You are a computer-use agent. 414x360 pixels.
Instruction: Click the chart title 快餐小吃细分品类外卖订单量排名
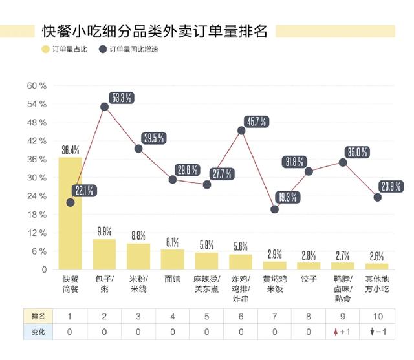coord(154,32)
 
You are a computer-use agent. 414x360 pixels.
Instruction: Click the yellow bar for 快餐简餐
coord(70,213)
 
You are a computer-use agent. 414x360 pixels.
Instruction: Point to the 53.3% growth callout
coord(122,98)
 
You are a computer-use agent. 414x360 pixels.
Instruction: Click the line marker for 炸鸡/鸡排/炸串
coord(241,131)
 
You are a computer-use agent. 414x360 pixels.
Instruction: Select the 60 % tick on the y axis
coord(36,86)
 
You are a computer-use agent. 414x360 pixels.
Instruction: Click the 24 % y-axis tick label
coord(36,196)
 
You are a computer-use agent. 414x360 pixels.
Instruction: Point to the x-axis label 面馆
coord(172,280)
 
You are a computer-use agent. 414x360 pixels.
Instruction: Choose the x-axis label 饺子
coord(309,280)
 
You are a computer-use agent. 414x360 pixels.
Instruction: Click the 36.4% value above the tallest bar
coord(71,150)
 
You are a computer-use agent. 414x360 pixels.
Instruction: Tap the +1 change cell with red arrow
coord(343,332)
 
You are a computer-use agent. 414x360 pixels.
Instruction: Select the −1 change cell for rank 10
coord(377,332)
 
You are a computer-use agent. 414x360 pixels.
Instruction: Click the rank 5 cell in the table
coord(206,315)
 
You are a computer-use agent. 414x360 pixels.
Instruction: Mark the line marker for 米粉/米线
coord(138,149)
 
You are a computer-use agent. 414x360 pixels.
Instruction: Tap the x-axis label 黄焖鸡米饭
coord(274,284)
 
